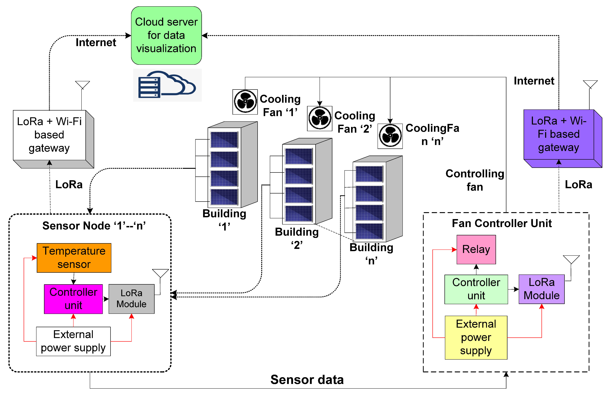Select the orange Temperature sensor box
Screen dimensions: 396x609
point(74,258)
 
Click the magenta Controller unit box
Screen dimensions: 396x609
point(73,299)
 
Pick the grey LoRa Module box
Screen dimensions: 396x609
point(132,299)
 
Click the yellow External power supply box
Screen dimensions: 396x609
point(476,337)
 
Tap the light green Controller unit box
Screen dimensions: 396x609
point(476,289)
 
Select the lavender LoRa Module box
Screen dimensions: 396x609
point(542,289)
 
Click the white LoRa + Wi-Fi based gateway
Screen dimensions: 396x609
point(49,135)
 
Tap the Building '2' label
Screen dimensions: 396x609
point(297,238)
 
